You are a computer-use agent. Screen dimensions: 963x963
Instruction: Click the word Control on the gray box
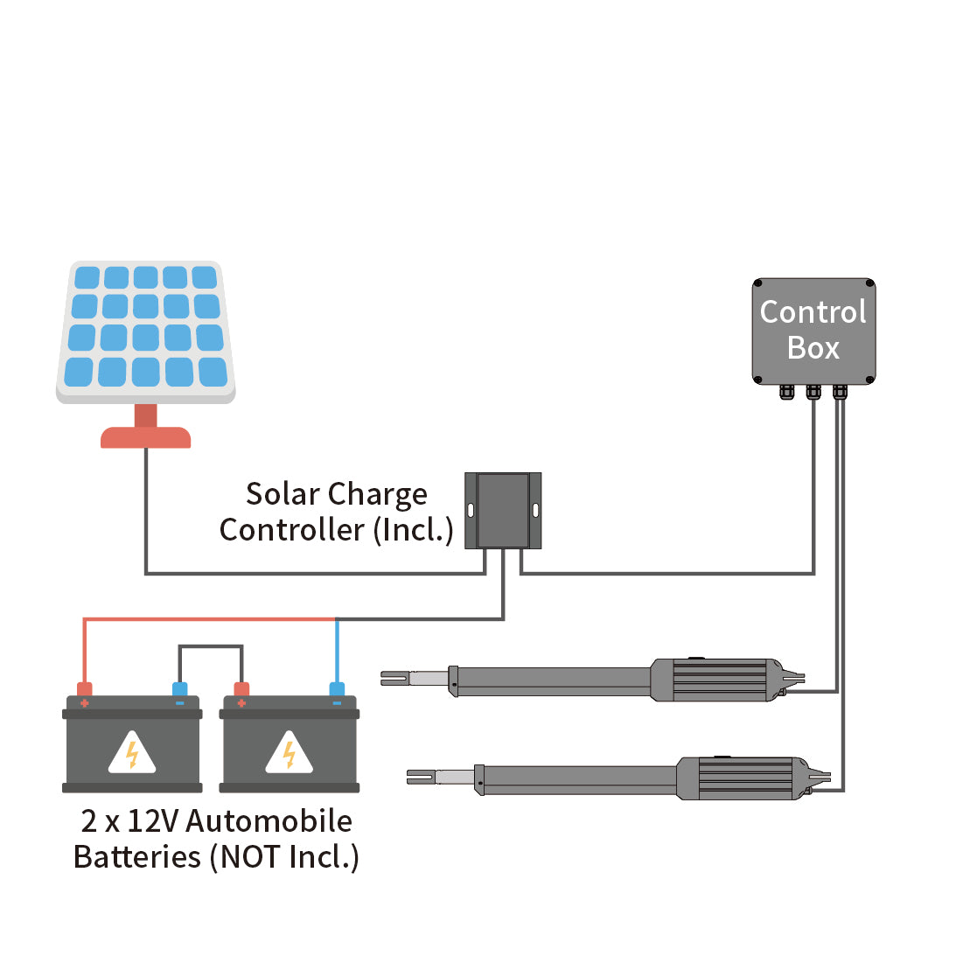pyautogui.click(x=813, y=312)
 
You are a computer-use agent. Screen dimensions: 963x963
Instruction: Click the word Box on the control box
pyautogui.click(x=813, y=348)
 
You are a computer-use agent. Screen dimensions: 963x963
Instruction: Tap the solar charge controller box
pyautogui.click(x=503, y=511)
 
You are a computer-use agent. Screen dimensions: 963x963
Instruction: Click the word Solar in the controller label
pyautogui.click(x=282, y=494)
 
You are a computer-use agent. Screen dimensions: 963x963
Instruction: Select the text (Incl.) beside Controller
pyautogui.click(x=413, y=530)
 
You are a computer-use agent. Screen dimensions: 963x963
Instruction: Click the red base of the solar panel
pyautogui.click(x=145, y=437)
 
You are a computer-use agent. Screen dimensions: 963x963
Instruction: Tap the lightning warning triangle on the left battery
pyautogui.click(x=132, y=753)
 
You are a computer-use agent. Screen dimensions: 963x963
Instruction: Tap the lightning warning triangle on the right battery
pyautogui.click(x=289, y=753)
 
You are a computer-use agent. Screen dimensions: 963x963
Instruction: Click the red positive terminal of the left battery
pyautogui.click(x=85, y=690)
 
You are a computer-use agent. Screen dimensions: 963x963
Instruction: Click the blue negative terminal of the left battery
pyautogui.click(x=180, y=690)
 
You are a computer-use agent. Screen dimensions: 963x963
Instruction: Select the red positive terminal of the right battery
pyautogui.click(x=241, y=690)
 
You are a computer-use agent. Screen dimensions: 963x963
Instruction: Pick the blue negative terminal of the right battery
pyautogui.click(x=337, y=690)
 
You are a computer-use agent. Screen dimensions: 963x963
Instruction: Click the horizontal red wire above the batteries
pyautogui.click(x=210, y=619)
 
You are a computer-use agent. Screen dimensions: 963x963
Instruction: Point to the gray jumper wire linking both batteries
pyautogui.click(x=211, y=646)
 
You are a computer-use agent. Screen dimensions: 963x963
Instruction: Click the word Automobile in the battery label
pyautogui.click(x=269, y=821)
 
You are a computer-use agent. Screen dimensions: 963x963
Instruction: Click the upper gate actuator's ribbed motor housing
pyautogui.click(x=717, y=680)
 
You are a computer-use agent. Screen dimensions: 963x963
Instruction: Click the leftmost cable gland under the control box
pyautogui.click(x=786, y=392)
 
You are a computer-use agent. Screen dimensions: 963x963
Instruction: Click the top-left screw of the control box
pyautogui.click(x=758, y=284)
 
